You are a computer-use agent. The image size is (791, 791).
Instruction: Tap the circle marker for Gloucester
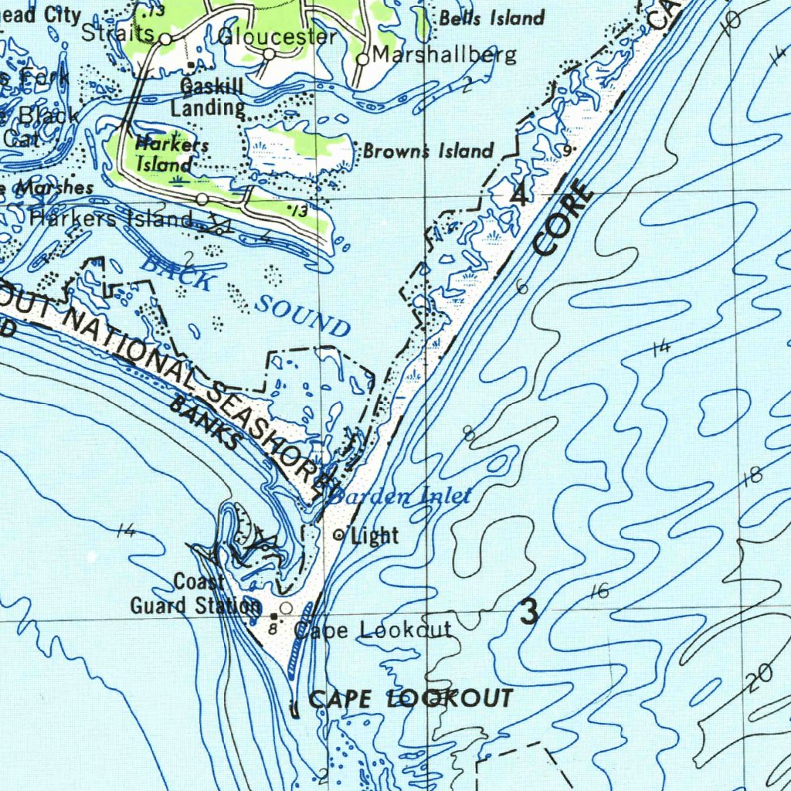269,53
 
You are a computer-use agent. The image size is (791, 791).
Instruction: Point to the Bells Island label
492,18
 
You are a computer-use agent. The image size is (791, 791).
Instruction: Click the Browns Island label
428,151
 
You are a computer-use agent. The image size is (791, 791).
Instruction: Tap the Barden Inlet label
401,497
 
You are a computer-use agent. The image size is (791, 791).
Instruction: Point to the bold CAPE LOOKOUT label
409,699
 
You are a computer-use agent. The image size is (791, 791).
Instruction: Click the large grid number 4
520,195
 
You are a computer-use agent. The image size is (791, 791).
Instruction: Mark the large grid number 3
529,613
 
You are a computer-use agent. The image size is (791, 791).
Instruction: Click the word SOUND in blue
303,315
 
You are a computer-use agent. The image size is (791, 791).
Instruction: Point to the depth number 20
759,679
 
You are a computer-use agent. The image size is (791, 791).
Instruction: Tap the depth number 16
599,592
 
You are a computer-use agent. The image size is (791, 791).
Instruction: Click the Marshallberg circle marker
362,59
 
